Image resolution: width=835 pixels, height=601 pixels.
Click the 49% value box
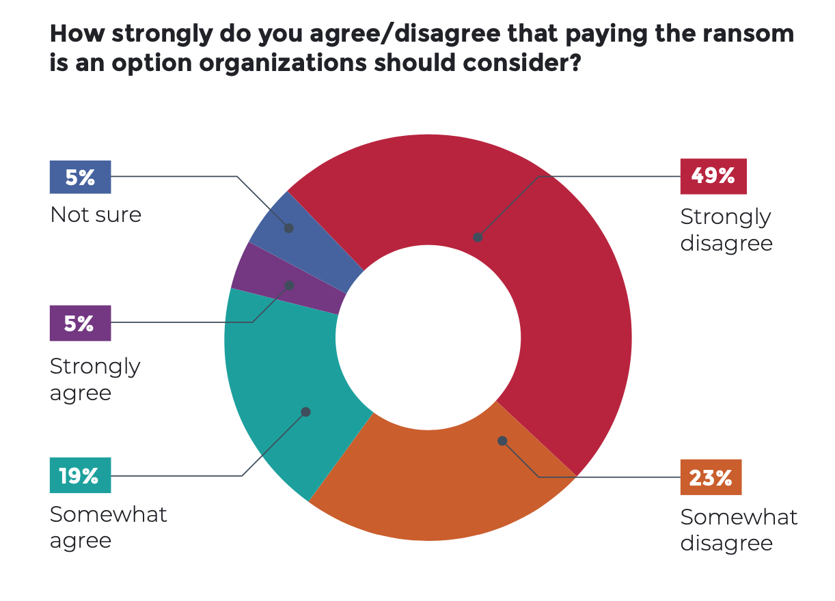click(x=713, y=176)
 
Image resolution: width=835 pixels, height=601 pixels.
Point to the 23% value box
click(x=711, y=477)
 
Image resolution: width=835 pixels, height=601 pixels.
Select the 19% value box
click(x=80, y=475)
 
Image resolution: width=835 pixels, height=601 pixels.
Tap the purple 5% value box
click(x=80, y=323)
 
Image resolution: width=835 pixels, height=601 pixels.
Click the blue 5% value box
click(x=80, y=177)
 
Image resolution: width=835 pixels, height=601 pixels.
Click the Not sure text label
click(x=96, y=214)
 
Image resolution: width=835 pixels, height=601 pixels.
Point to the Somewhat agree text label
click(x=108, y=527)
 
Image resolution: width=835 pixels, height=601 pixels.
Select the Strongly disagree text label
click(x=726, y=229)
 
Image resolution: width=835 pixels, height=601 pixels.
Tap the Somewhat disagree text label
click(x=738, y=530)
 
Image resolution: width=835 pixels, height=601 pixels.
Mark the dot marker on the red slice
click(x=478, y=238)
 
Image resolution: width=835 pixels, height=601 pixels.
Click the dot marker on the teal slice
click(x=305, y=412)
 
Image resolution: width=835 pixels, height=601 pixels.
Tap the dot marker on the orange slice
click(x=502, y=441)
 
